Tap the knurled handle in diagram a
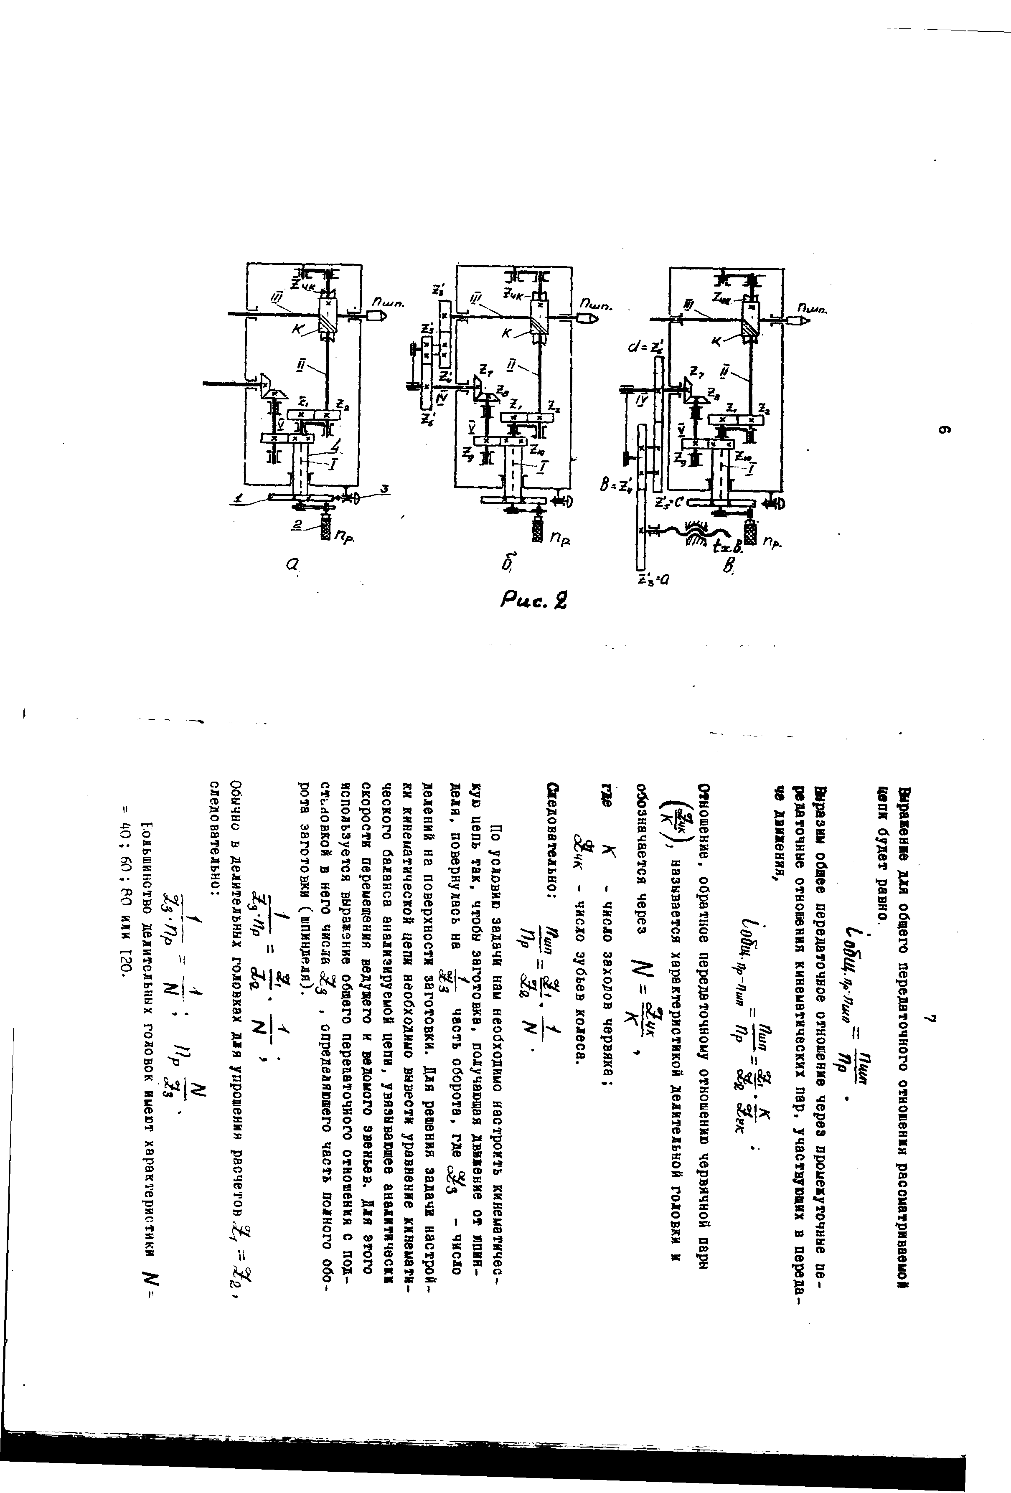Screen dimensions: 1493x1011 tap(326, 529)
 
